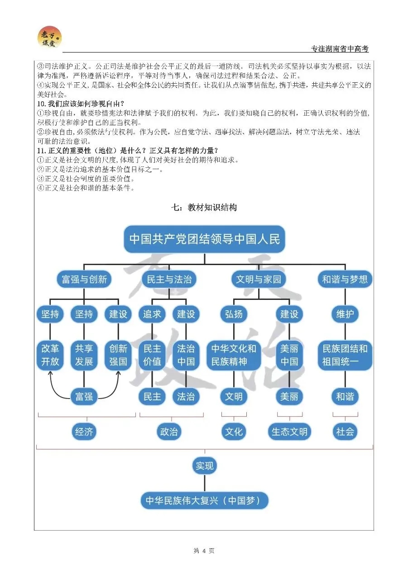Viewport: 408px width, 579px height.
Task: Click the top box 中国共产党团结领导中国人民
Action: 204,239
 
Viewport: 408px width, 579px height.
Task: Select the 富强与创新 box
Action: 84,279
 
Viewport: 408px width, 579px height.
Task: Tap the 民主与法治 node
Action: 169,279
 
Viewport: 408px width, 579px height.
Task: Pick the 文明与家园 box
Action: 259,279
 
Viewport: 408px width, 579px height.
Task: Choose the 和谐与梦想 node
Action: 345,279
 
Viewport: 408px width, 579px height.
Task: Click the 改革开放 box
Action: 50,355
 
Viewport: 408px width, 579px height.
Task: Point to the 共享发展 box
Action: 84,355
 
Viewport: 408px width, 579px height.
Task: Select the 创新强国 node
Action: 118,355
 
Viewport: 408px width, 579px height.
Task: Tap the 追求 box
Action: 152,314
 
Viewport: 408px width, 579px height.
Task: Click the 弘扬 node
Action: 234,314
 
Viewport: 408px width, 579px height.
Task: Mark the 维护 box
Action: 345,314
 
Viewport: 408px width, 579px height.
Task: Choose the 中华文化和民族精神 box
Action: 234,355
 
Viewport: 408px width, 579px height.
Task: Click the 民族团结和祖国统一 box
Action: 345,355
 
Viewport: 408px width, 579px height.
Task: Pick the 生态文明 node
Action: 289,432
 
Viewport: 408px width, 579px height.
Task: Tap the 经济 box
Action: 84,432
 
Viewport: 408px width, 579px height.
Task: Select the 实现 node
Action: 204,465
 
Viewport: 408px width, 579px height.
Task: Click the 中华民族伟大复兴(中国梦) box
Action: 204,501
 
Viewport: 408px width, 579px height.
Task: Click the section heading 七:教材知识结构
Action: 204,208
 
